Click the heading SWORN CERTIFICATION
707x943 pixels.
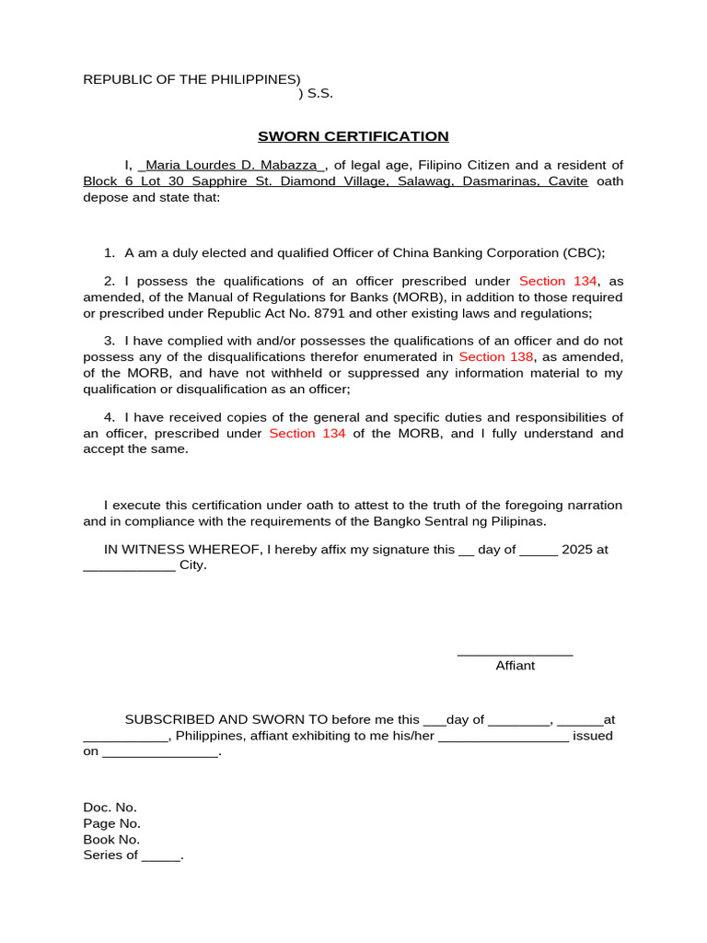(x=353, y=136)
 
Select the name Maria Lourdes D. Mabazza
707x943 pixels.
(x=232, y=165)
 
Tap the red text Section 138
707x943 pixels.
(x=496, y=356)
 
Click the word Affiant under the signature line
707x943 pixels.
(x=515, y=665)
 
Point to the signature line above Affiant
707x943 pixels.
(x=515, y=654)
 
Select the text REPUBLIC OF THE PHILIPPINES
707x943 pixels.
(x=189, y=79)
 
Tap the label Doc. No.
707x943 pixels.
(x=110, y=808)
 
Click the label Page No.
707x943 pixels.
(x=111, y=823)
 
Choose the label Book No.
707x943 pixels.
(x=111, y=839)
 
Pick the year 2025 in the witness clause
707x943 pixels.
(x=576, y=550)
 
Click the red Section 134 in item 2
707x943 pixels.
(x=558, y=281)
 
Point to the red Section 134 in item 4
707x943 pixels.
(x=307, y=434)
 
